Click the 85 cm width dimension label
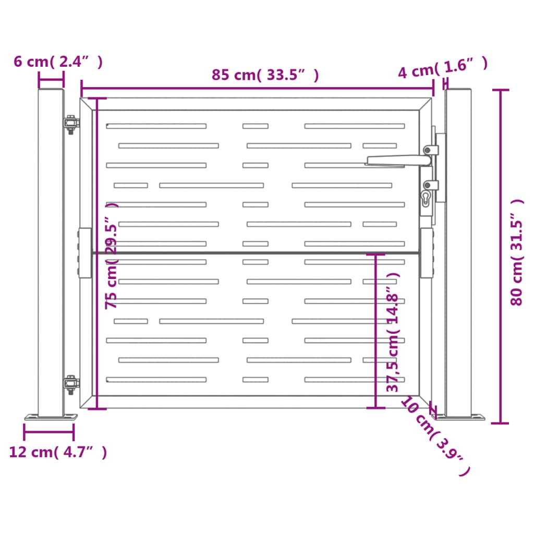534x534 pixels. (265, 75)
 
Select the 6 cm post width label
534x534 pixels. (57, 62)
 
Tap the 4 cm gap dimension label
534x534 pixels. (443, 70)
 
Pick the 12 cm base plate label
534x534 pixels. (58, 452)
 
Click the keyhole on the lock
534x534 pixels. (426, 198)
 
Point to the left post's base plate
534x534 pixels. (51, 417)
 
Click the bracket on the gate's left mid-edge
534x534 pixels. (84, 253)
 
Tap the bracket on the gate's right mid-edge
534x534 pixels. (427, 253)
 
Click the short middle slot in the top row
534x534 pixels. (255, 126)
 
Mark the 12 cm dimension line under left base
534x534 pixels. (48, 432)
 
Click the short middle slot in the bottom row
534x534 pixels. (255, 380)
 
